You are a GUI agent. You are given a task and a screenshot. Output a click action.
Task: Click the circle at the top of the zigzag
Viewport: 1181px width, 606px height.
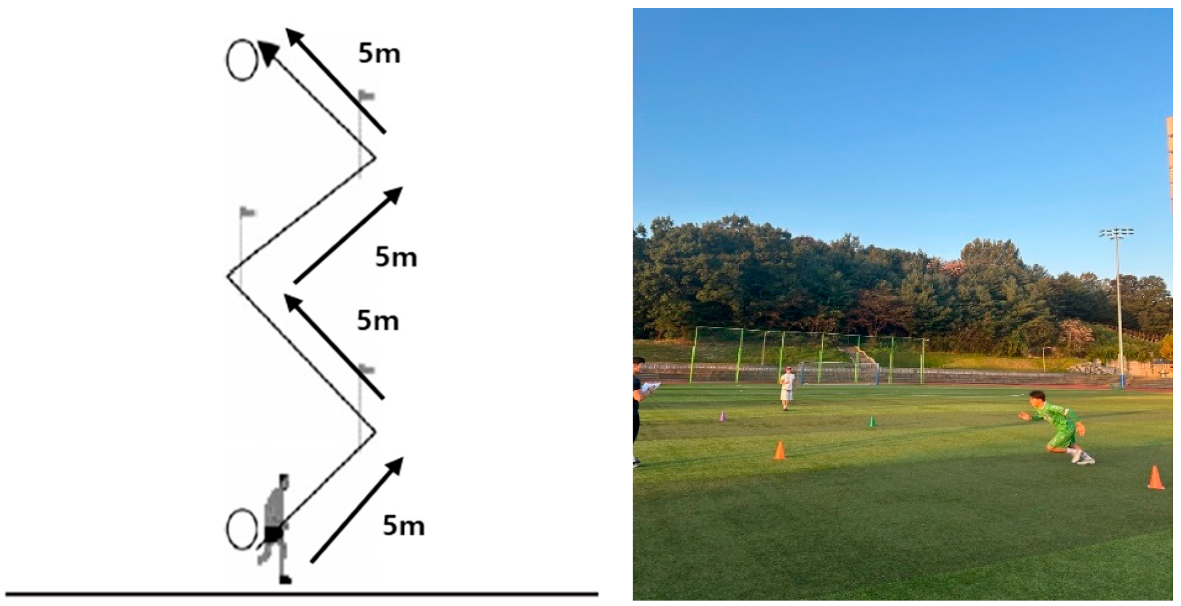tap(242, 60)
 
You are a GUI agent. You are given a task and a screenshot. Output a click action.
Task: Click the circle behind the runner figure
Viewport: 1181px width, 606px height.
tap(241, 529)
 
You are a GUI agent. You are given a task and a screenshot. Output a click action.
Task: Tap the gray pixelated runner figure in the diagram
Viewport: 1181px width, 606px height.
tap(277, 528)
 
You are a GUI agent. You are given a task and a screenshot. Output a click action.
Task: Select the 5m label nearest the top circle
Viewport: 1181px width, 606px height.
tap(379, 54)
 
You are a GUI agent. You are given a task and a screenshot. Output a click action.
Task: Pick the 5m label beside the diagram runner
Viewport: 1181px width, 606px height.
tap(403, 526)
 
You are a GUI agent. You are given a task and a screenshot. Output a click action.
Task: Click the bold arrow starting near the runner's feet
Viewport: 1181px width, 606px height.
tap(356, 510)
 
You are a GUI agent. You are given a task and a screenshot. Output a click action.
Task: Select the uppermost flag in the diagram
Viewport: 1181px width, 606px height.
tap(366, 96)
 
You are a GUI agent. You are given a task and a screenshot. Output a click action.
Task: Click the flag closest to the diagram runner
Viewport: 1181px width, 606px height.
tap(366, 369)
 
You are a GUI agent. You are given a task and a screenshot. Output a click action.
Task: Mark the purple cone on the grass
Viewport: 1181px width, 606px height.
tap(722, 416)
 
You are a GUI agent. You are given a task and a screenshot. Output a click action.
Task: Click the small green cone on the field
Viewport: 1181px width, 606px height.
tap(872, 421)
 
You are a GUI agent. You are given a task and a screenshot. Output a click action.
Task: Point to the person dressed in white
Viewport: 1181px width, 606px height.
tap(787, 388)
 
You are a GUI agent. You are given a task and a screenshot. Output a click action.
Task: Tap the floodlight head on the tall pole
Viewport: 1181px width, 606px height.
tap(1117, 234)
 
